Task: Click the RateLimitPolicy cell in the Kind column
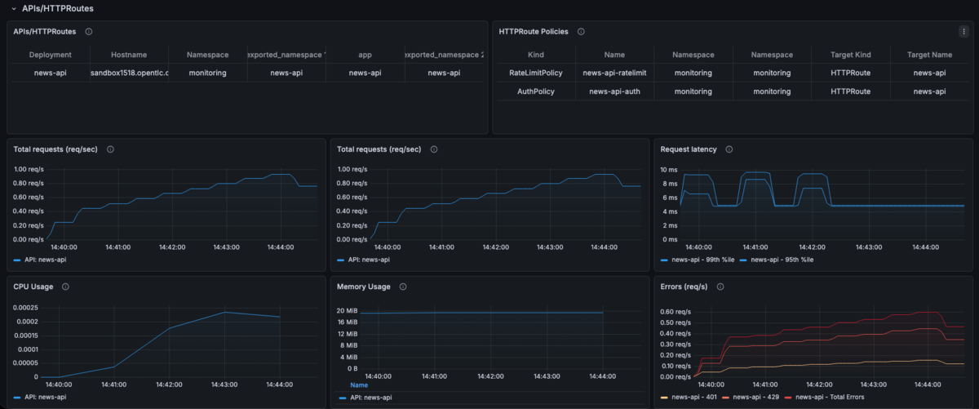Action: coord(535,73)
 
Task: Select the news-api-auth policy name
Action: coord(614,91)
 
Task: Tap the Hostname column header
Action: coord(129,55)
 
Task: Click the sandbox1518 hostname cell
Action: coord(130,73)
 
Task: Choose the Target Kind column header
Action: coord(850,55)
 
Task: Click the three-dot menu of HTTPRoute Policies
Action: coord(963,32)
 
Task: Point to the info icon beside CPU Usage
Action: coord(65,287)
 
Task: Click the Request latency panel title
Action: coord(689,149)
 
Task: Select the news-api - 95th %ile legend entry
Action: coord(777,260)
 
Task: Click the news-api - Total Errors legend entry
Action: coord(824,397)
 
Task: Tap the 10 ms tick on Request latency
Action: coord(669,170)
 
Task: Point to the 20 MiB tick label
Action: coord(347,310)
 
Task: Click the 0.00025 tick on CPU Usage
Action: coord(25,308)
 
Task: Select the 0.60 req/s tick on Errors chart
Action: coord(676,312)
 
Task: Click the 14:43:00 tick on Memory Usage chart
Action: coord(547,376)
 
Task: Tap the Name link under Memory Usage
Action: coord(359,385)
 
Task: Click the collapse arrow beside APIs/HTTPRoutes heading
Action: coord(14,9)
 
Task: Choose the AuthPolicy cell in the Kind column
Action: coord(535,91)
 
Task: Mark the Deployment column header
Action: coord(51,55)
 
